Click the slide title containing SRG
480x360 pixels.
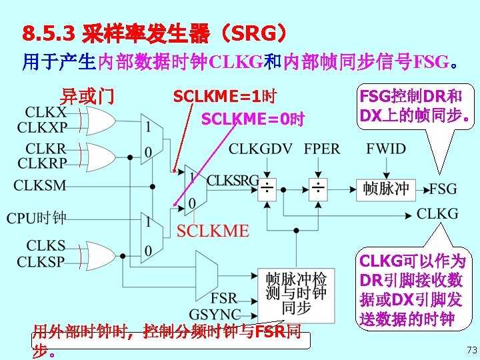point(155,33)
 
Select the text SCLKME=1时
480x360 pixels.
point(225,97)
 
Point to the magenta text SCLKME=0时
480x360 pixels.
point(253,120)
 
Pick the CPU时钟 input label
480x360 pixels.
point(37,218)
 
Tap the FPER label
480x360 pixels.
point(322,149)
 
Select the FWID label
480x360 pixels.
point(385,149)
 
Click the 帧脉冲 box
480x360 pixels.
point(385,189)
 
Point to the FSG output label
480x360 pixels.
point(443,189)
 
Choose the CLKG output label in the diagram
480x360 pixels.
point(437,213)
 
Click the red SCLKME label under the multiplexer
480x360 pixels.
point(213,231)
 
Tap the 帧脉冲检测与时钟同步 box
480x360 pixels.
point(295,293)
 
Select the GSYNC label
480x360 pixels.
point(215,314)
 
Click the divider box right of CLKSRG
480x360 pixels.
point(267,189)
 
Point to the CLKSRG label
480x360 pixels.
point(232,179)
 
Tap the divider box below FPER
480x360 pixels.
point(317,189)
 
